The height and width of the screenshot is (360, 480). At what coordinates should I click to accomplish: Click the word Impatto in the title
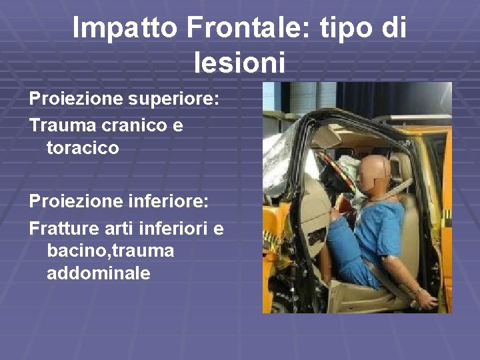(x=125, y=28)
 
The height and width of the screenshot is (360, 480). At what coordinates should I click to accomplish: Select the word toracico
(x=83, y=148)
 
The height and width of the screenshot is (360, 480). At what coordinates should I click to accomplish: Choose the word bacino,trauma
(x=111, y=251)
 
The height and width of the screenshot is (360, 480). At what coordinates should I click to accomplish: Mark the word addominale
(x=99, y=273)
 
